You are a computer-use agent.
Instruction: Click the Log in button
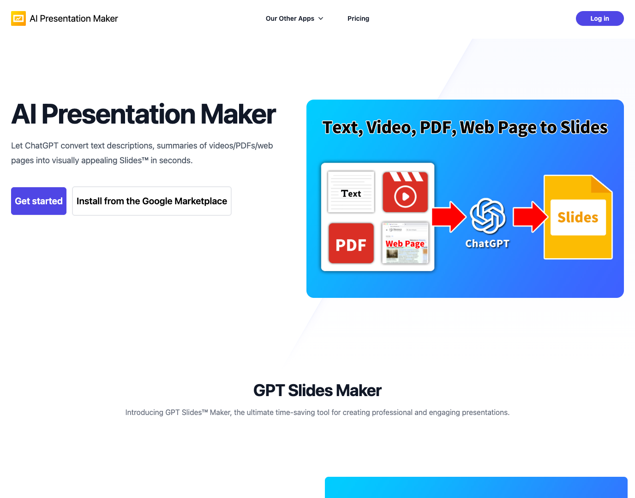[x=599, y=18]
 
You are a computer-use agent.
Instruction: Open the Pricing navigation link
[x=358, y=18]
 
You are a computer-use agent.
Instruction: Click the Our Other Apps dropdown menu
[x=294, y=18]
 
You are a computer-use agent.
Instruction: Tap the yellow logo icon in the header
[x=18, y=18]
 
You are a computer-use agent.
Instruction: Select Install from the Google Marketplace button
[x=152, y=201]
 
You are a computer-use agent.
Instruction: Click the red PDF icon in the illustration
[x=351, y=243]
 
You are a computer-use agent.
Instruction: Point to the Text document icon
[x=351, y=192]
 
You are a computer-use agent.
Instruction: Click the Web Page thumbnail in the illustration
[x=405, y=243]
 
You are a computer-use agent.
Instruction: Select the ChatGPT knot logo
[x=487, y=216]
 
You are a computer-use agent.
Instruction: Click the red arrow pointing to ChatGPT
[x=449, y=216]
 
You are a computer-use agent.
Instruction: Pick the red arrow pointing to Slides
[x=530, y=216]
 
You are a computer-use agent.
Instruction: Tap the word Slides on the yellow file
[x=578, y=217]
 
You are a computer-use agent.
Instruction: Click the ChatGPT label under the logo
[x=487, y=243]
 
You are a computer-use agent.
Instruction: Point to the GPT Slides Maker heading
[x=317, y=391]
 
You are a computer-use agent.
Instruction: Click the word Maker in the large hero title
[x=238, y=114]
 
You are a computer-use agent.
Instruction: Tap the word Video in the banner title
[x=391, y=127]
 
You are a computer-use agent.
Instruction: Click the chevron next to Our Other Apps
[x=321, y=18]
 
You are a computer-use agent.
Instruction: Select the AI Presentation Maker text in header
[x=74, y=18]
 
